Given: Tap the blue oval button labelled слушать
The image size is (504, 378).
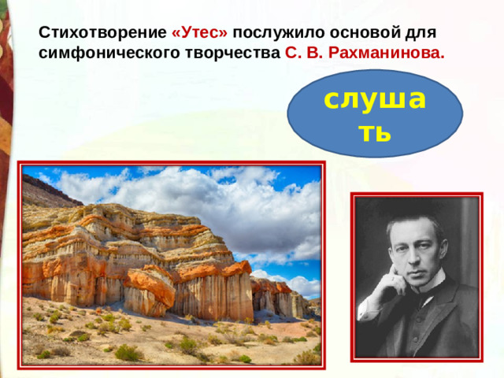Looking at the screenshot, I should point(375,114).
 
